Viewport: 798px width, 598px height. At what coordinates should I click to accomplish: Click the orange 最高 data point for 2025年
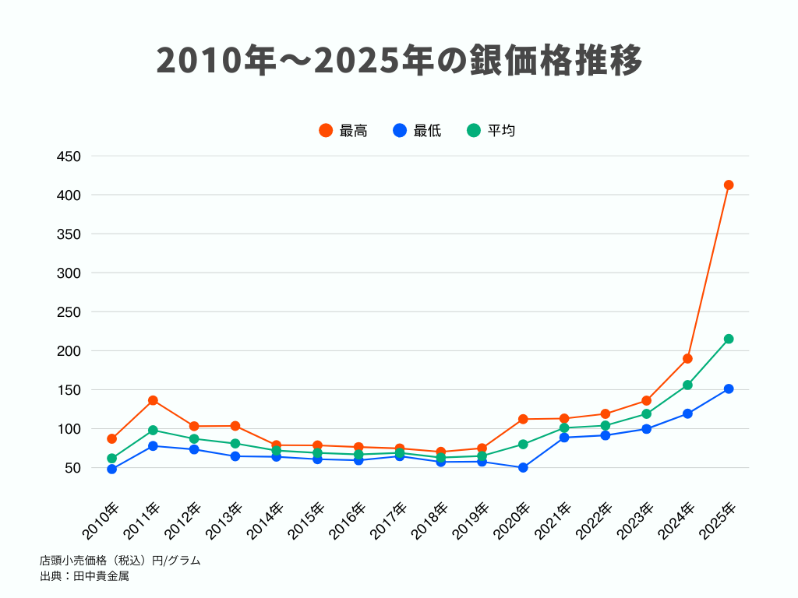(729, 185)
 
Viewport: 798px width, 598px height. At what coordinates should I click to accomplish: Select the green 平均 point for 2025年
(729, 339)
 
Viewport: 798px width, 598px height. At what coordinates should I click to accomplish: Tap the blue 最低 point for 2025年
(729, 389)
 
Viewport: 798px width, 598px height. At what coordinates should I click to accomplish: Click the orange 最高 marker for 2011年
(153, 400)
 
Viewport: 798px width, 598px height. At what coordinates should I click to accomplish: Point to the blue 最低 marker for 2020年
(523, 468)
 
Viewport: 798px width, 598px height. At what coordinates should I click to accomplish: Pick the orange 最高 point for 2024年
(687, 359)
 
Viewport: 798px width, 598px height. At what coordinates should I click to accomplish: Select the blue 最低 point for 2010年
(111, 470)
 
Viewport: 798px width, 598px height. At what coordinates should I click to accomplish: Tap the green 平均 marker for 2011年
(153, 430)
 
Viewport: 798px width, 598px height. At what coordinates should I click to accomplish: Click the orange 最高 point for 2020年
(523, 419)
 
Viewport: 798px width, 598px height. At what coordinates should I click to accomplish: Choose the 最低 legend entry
(418, 131)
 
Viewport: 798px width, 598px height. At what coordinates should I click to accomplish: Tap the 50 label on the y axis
(72, 468)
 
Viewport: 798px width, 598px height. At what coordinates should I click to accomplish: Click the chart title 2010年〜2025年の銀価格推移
(399, 60)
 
